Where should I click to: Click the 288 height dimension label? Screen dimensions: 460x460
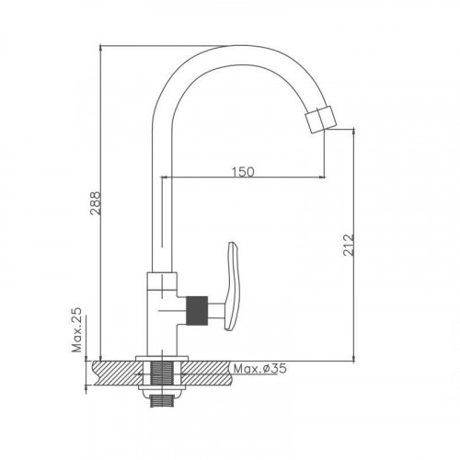point(95,203)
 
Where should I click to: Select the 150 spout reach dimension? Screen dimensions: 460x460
point(243,172)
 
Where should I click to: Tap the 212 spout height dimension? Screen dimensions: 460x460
point(349,245)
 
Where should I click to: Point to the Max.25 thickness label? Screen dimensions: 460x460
point(77,329)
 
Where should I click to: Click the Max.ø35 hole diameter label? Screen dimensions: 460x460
point(260,368)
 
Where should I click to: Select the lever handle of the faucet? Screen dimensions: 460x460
point(232,286)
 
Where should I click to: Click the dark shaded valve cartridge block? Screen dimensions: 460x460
point(197,310)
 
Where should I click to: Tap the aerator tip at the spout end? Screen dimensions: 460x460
point(321,119)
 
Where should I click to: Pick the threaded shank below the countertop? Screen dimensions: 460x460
point(162,400)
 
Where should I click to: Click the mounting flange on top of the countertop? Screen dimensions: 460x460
point(162,359)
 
